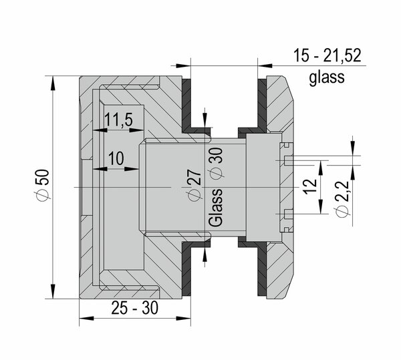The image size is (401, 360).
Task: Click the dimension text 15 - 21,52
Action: [327, 55]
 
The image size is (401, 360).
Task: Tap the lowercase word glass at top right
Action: [327, 77]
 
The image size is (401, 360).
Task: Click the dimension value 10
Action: [116, 158]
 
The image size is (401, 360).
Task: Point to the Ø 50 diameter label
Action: [43, 184]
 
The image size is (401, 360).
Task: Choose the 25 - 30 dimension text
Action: [135, 308]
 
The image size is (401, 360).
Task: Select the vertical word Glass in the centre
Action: [215, 208]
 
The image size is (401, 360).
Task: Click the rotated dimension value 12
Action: [310, 186]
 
